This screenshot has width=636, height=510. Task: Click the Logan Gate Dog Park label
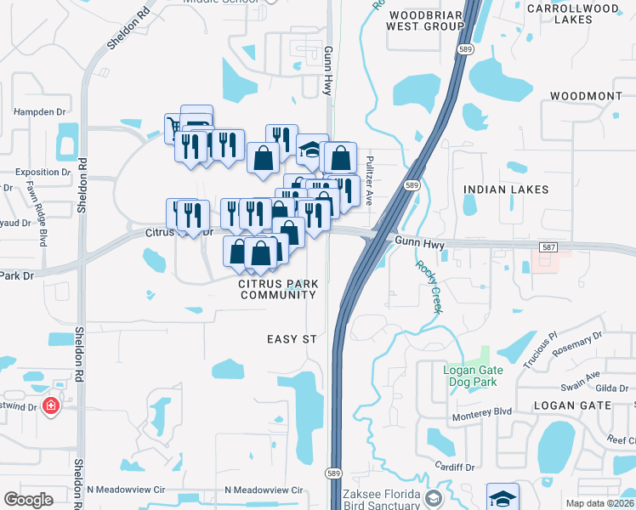[x=473, y=376]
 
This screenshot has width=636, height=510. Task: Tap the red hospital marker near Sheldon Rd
[x=52, y=405]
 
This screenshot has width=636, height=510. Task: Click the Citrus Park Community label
[x=278, y=289]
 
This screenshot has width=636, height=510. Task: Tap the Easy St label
[x=292, y=339]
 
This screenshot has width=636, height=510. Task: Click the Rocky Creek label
[x=429, y=286]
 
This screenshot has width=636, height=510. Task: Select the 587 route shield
[x=548, y=247]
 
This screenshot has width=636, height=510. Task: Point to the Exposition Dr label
[x=36, y=172]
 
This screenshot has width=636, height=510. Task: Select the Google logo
[x=28, y=500]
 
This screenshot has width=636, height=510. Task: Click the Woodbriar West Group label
[x=424, y=20]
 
